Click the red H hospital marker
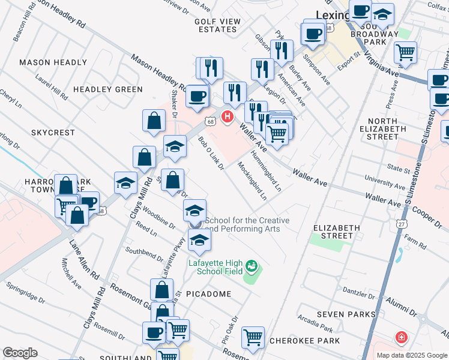point(227,116)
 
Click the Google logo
point(20,352)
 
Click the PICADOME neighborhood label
point(208,294)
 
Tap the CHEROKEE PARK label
point(313,341)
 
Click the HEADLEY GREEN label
point(108,89)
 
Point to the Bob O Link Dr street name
point(211,153)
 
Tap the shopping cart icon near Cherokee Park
point(253,337)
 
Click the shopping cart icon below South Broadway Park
point(406,52)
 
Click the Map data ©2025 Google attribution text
point(411,355)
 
